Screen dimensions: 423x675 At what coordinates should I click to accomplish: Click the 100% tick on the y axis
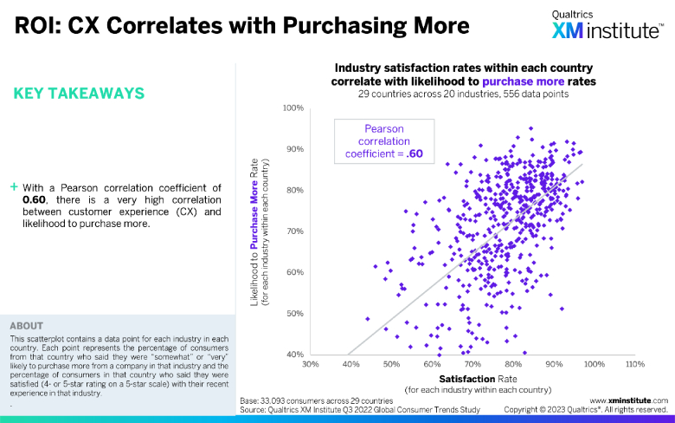(292, 108)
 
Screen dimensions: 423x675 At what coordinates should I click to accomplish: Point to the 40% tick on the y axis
(294, 354)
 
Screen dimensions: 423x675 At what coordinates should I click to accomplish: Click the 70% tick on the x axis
(472, 364)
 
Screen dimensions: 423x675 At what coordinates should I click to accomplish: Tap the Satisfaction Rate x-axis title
(472, 379)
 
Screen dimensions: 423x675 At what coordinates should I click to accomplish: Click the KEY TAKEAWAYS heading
(79, 93)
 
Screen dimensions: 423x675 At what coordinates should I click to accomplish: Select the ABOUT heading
(26, 326)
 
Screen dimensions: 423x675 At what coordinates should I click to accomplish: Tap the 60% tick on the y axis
(294, 272)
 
